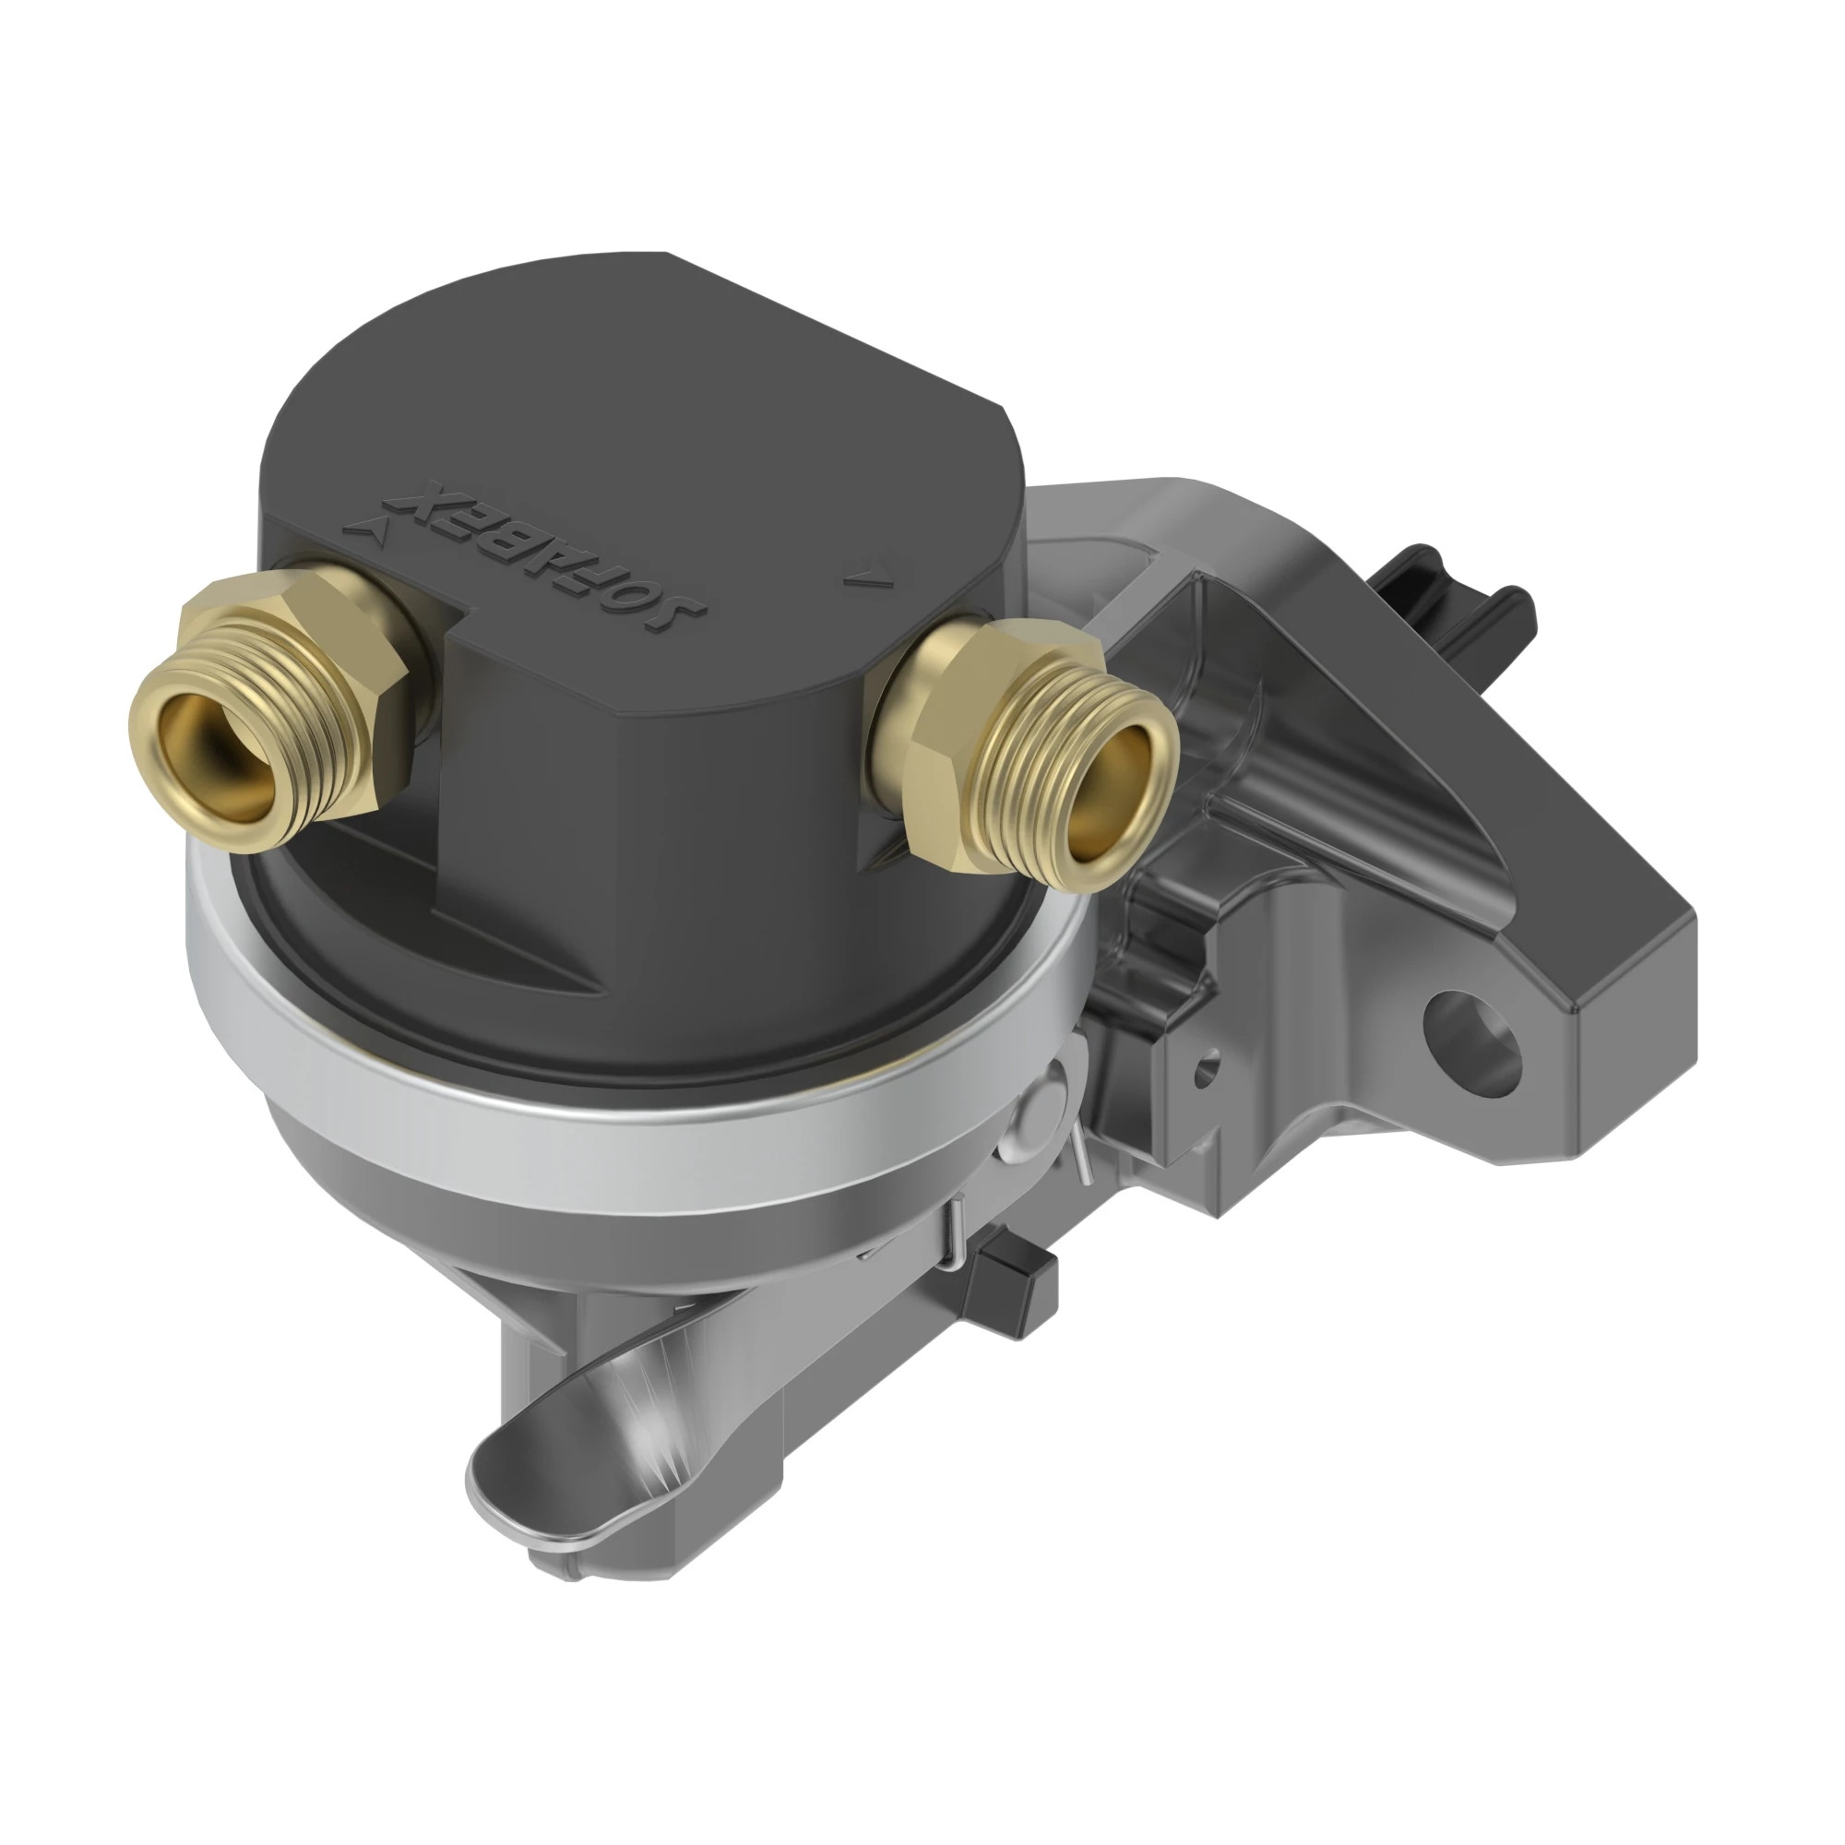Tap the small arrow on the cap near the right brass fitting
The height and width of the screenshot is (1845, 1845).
point(866,577)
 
